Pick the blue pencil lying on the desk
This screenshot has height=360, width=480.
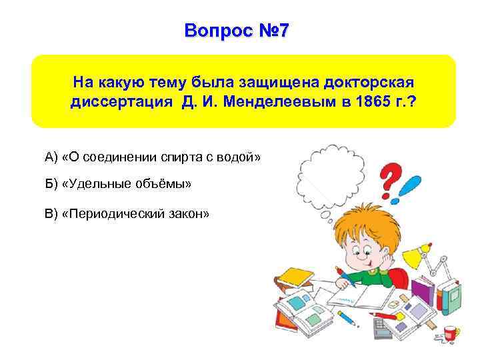pos(346,319)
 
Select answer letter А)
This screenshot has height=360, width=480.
pos(52,157)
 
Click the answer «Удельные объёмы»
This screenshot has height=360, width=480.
pos(126,184)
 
